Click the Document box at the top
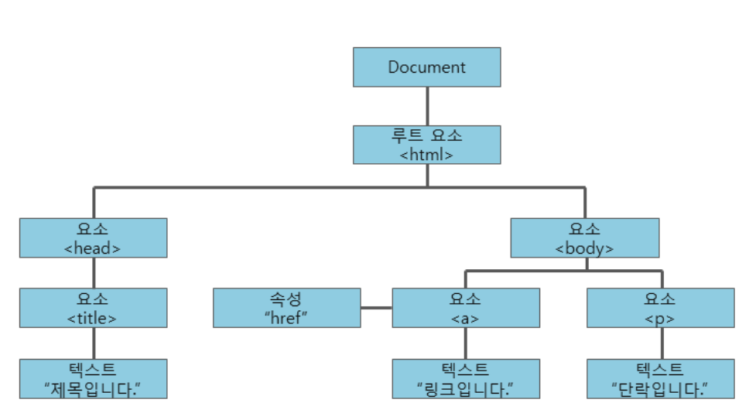426,67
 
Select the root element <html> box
426,145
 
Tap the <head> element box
93,237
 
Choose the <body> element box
584,237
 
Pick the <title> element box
93,308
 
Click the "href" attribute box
286,308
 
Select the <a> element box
465,308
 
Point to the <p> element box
660,308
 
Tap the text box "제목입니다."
93,378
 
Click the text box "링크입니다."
465,378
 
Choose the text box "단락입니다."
660,378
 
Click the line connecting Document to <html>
426,106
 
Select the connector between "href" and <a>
376,308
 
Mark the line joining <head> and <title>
93,272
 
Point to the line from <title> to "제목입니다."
93,343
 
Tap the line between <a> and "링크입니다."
465,343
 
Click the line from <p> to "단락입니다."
660,343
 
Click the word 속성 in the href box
286,299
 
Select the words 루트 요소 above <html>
426,135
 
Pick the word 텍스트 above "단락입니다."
660,369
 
